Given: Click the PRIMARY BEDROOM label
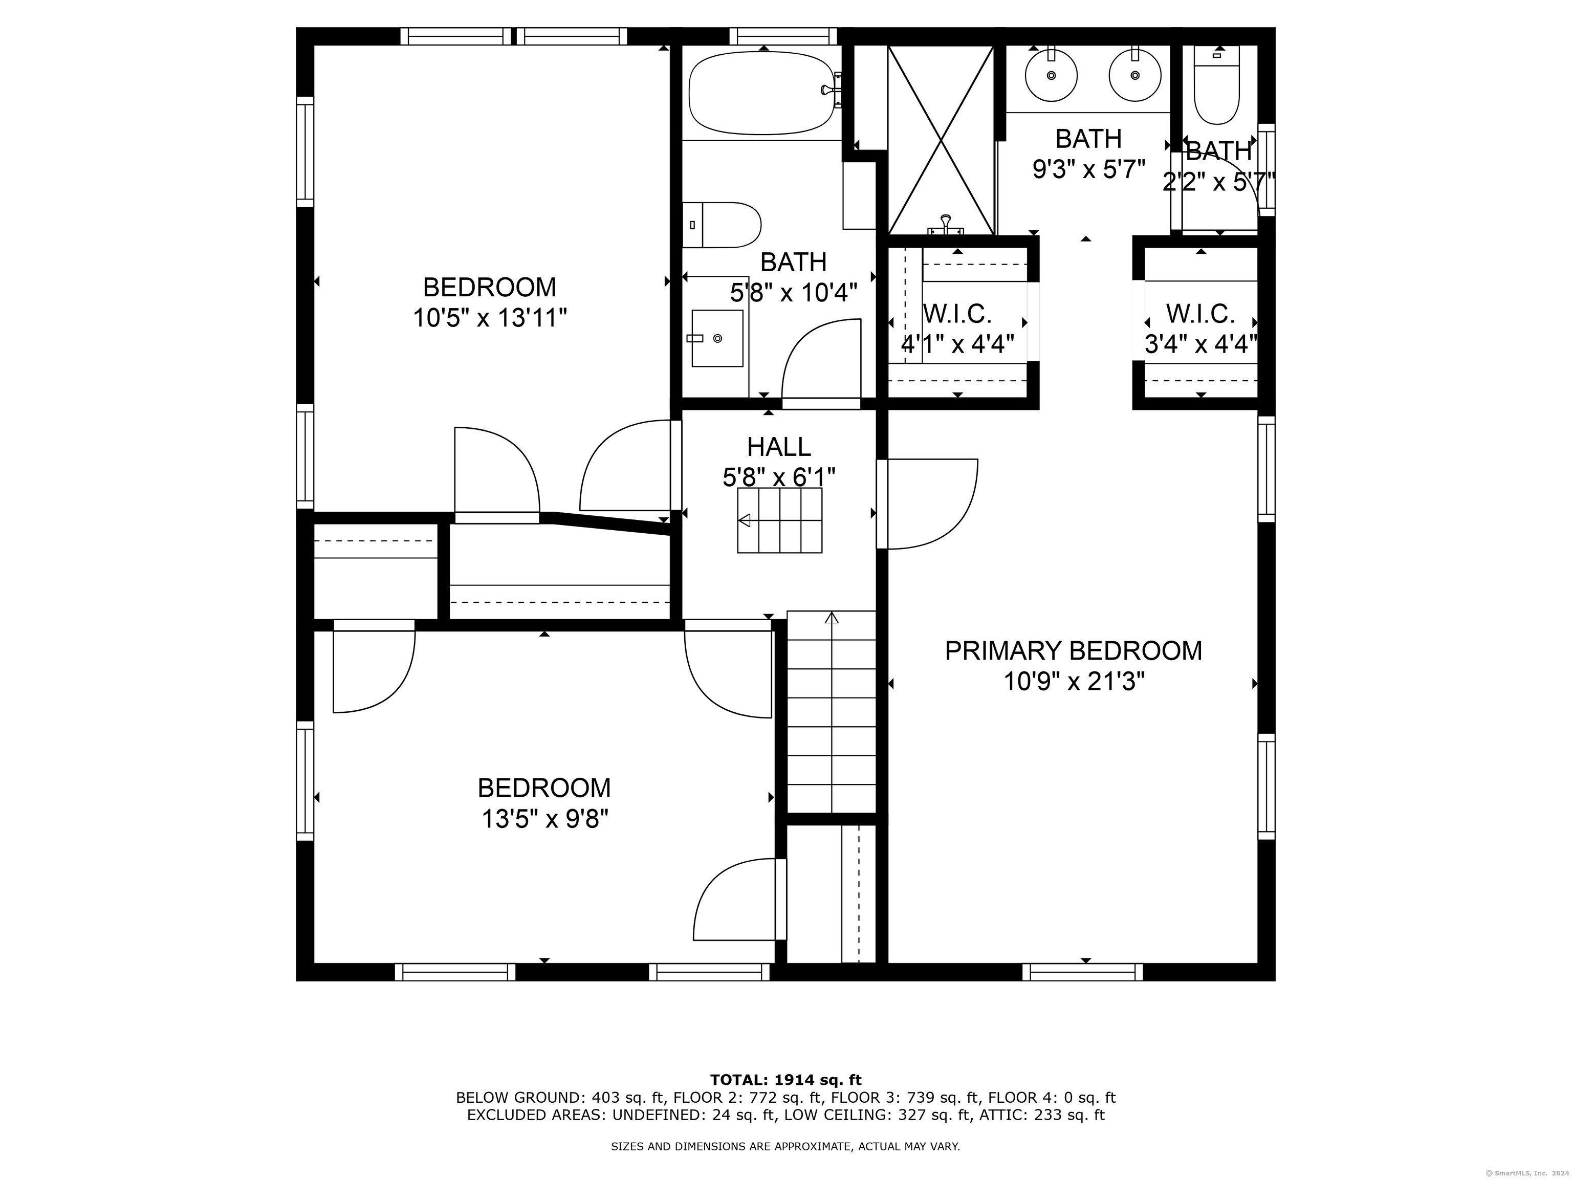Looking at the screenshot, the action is [1073, 651].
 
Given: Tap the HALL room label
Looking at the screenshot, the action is [779, 447].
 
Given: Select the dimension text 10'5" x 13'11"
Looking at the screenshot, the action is [490, 318].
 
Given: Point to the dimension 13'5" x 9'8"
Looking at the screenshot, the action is [545, 819].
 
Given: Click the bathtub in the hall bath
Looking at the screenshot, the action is [762, 93].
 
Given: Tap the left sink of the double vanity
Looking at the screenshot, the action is [1051, 75].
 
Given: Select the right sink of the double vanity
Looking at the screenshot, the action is [1135, 75].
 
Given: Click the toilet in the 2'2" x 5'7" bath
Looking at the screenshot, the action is [1217, 85].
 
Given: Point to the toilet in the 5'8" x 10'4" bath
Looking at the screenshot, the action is [722, 225].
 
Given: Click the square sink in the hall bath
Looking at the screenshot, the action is [717, 338].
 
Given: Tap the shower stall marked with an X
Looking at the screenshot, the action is [941, 140].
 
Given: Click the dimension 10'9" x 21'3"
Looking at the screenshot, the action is [1074, 682].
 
